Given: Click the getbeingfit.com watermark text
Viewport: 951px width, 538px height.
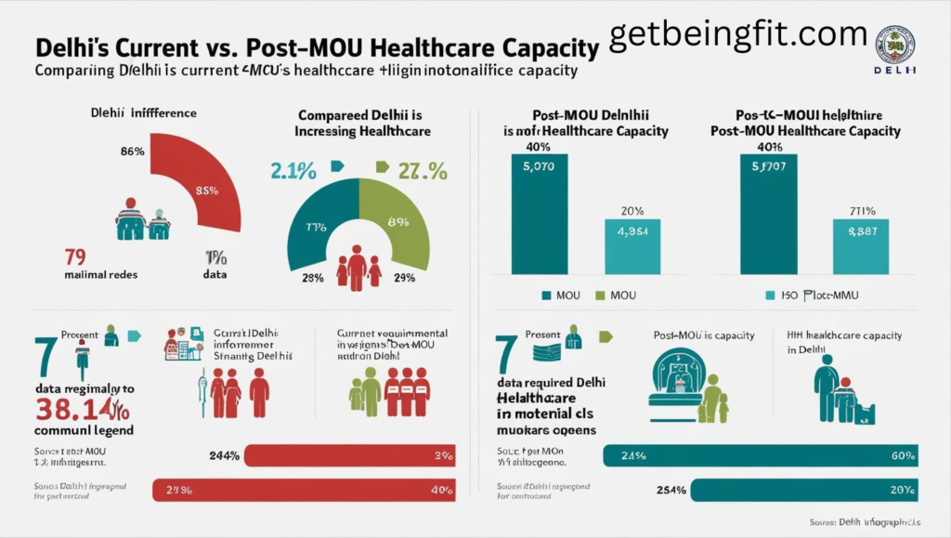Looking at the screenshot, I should (737, 33).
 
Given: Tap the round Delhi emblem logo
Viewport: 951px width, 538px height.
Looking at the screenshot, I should (895, 44).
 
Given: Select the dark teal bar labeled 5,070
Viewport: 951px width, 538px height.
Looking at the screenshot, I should (540, 214).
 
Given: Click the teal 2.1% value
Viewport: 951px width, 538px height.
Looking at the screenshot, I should (294, 171).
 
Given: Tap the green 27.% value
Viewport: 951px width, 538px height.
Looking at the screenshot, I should (423, 171).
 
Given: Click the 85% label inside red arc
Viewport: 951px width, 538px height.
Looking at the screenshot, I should (205, 191).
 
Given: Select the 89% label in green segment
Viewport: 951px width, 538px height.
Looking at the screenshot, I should (398, 222).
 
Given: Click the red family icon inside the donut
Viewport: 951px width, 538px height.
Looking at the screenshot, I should (358, 266).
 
